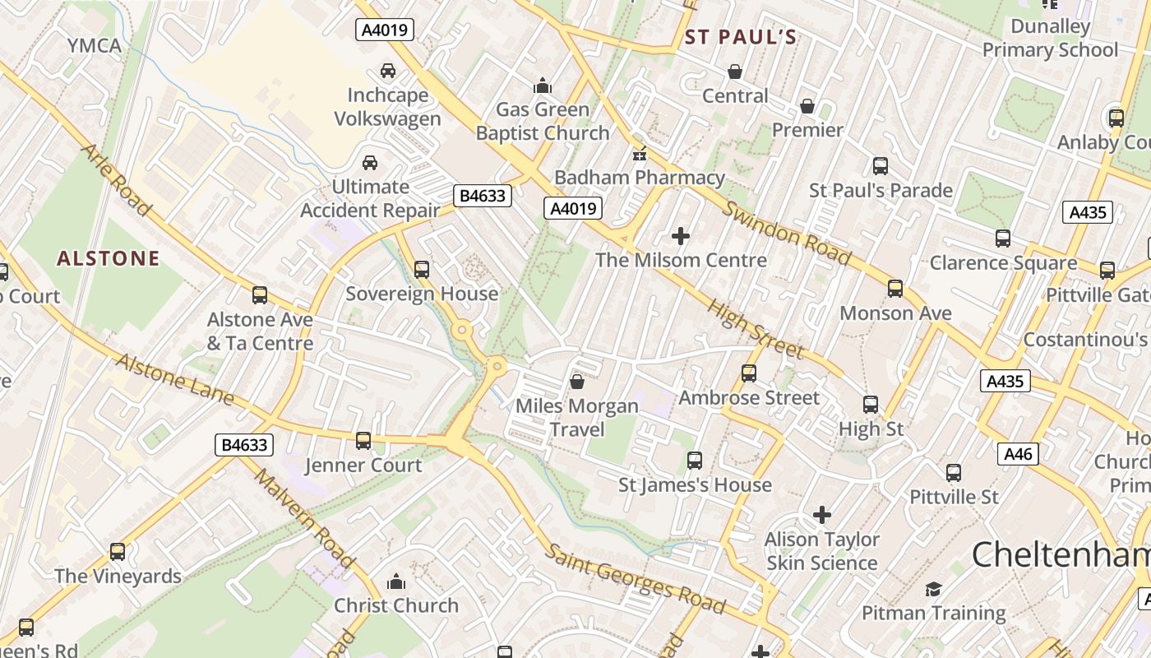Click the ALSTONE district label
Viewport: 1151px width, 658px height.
click(x=109, y=258)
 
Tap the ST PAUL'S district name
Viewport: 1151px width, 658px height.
click(x=741, y=37)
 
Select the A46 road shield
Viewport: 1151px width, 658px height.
click(x=1018, y=453)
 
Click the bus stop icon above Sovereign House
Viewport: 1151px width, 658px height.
click(x=422, y=269)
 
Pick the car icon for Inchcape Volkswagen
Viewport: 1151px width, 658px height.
click(x=387, y=71)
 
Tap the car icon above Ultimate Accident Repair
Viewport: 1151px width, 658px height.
click(x=370, y=162)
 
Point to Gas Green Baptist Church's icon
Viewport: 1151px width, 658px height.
click(x=543, y=86)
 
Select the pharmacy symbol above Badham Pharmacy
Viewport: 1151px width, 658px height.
click(x=639, y=154)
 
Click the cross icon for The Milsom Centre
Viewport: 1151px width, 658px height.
click(x=681, y=237)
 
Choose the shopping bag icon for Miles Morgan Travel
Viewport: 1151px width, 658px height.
click(x=577, y=382)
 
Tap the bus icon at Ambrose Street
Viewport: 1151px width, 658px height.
click(x=749, y=373)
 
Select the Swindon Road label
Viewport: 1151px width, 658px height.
click(x=787, y=233)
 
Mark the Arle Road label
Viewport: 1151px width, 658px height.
click(x=117, y=180)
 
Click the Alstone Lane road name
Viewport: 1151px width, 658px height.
click(x=174, y=379)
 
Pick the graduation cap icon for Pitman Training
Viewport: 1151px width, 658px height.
click(x=933, y=589)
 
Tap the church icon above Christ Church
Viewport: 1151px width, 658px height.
click(x=396, y=582)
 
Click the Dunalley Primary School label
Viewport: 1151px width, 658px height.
click(x=1051, y=38)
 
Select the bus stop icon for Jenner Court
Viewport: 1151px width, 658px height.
click(x=363, y=441)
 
